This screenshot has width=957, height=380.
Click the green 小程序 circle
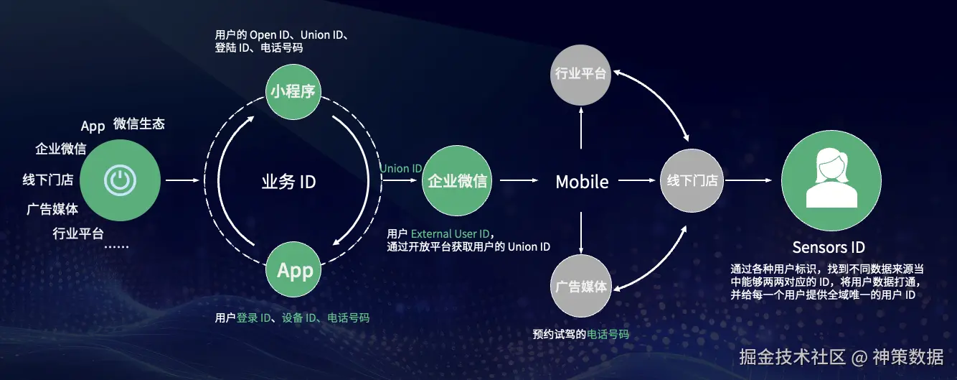pos(294,92)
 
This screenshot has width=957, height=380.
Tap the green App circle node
pos(295,271)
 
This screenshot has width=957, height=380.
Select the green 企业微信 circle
pos(457,181)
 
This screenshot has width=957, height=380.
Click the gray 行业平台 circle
pos(581,74)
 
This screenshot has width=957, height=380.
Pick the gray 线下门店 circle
pos(692,181)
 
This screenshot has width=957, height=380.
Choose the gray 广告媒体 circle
pos(581,287)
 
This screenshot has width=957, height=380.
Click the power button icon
pos(121,180)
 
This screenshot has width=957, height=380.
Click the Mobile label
pos(582,182)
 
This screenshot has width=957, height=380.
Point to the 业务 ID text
pos(288,182)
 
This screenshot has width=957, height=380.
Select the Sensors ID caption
pos(829,248)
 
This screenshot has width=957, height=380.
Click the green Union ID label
pos(401,169)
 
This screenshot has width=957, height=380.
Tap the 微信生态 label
pos(139,124)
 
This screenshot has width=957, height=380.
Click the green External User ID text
pos(452,234)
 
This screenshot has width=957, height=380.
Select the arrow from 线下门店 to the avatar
pos(752,181)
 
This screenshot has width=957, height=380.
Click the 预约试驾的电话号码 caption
pos(580,335)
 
